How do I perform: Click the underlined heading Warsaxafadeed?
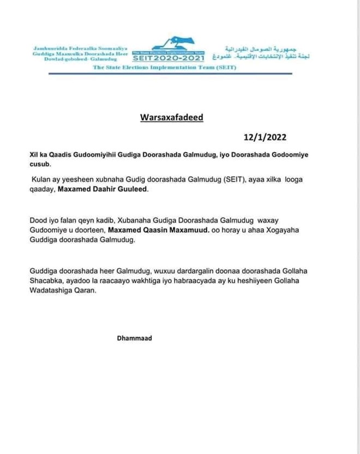171,117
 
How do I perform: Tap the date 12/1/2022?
265,137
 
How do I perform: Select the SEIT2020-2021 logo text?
169,58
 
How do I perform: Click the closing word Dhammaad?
134,338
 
